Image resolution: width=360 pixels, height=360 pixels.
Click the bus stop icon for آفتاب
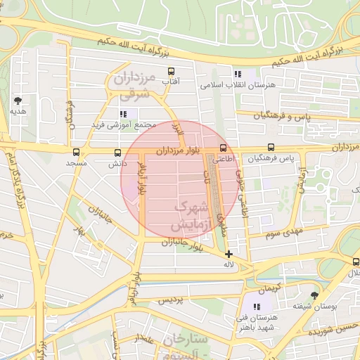[x=171, y=71]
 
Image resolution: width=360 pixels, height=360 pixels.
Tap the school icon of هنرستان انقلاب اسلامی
[x=238, y=74]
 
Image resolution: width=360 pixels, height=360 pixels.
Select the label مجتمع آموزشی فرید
[x=117, y=124]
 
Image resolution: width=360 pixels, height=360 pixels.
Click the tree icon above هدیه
[x=18, y=101]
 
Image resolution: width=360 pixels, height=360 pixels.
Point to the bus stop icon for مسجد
[x=76, y=152]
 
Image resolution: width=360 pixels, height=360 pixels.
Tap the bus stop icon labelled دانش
[x=117, y=152]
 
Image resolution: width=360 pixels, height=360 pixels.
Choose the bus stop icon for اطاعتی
[x=223, y=148]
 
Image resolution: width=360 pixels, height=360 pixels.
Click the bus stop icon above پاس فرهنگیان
[x=271, y=148]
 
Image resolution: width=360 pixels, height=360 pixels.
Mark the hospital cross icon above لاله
[x=229, y=253]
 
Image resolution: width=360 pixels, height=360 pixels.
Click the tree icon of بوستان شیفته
[x=314, y=295]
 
